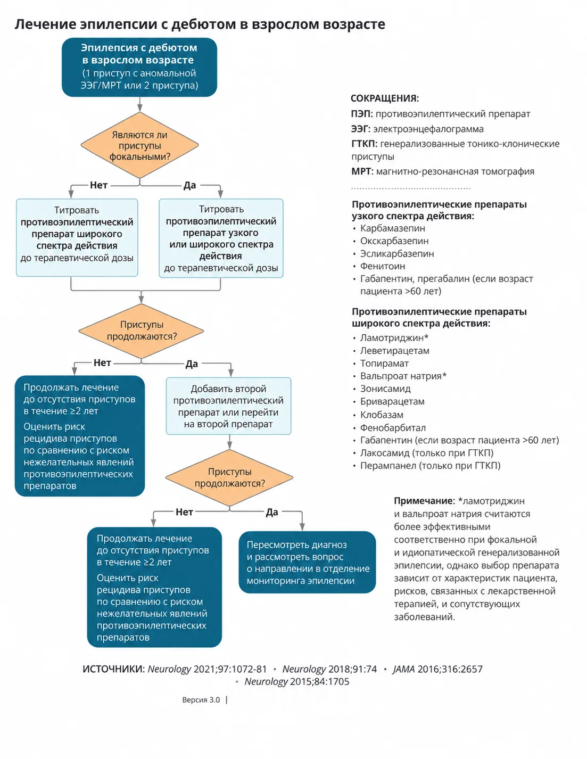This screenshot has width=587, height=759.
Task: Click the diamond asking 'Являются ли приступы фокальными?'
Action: click(139, 145)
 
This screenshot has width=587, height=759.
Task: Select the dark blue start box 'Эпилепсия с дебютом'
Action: click(139, 67)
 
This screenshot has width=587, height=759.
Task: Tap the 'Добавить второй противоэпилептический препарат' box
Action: click(228, 406)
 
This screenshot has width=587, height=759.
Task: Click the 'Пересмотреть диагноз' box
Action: click(307, 563)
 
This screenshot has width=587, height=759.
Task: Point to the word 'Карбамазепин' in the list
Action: click(393, 228)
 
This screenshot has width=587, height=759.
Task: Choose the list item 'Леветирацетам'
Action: click(394, 350)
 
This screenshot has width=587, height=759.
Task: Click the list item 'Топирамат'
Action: click(384, 363)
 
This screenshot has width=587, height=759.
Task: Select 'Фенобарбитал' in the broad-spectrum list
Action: click(393, 427)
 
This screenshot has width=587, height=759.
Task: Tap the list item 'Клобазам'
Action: click(382, 415)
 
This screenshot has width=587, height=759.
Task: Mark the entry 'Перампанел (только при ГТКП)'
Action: click(430, 466)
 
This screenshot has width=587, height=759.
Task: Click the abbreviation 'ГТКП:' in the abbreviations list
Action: click(364, 144)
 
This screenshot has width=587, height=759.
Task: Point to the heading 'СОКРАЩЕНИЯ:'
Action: click(385, 98)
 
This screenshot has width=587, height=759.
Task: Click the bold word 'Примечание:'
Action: click(424, 501)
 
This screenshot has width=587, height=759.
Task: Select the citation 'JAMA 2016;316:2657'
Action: click(437, 669)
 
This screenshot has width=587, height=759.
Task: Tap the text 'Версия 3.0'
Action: click(201, 700)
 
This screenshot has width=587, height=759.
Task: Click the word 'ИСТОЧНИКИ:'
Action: click(113, 669)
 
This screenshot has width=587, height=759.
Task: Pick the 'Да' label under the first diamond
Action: click(189, 185)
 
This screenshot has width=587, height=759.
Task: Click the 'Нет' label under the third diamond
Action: click(184, 512)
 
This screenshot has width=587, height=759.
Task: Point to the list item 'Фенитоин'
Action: click(383, 266)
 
